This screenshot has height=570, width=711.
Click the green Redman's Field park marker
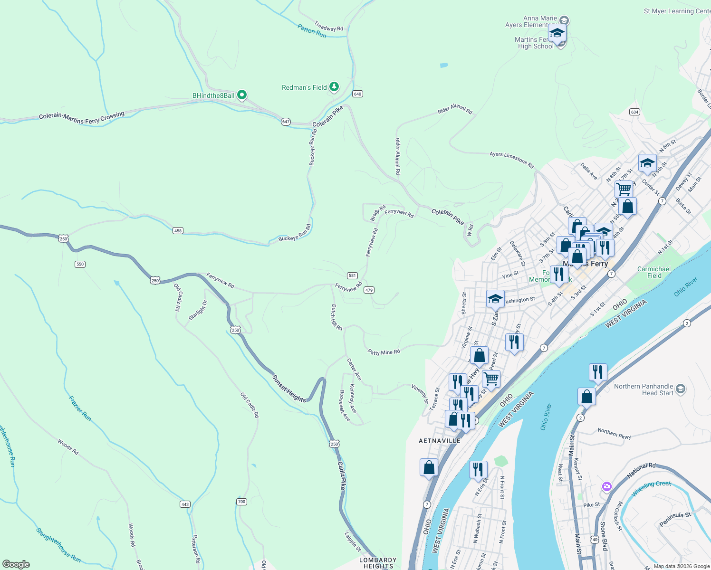[335, 87]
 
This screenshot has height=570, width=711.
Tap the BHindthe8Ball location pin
[242, 95]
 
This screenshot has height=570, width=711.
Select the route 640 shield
[358, 94]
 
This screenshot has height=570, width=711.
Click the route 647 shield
[286, 122]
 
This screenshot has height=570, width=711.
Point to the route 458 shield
[178, 231]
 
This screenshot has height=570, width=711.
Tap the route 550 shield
[80, 264]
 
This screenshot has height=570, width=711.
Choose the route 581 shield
[352, 275]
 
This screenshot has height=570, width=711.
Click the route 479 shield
[369, 290]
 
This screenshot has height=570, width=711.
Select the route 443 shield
[185, 504]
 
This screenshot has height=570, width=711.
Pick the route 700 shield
[241, 502]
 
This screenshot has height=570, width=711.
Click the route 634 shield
[634, 112]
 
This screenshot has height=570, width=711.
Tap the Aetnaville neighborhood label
[440, 441]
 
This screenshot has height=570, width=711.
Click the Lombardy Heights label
[378, 563]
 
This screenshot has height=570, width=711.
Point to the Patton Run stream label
[312, 31]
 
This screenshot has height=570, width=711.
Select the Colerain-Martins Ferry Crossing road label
[82, 117]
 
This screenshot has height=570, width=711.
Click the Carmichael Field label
[654, 272]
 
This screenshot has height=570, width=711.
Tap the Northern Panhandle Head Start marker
[681, 389]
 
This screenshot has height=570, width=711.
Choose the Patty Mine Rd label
[384, 352]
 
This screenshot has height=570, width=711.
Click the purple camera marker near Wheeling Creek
[606, 486]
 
